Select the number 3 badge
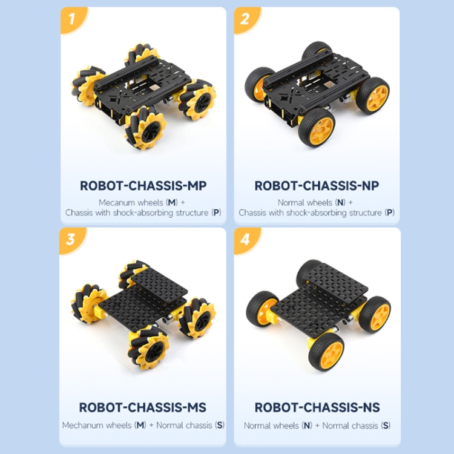pyautogui.click(x=71, y=239)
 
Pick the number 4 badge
pyautogui.click(x=245, y=239)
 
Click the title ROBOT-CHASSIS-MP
pyautogui.click(x=142, y=186)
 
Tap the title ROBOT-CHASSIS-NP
pyautogui.click(x=317, y=186)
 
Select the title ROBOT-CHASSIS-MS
pyautogui.click(x=143, y=407)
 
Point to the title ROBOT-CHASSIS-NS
pyautogui.click(x=317, y=407)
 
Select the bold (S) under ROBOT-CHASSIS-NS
pyautogui.click(x=386, y=425)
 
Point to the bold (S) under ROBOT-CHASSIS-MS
pyautogui.click(x=219, y=425)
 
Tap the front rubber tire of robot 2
pyautogui.click(x=316, y=127)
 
